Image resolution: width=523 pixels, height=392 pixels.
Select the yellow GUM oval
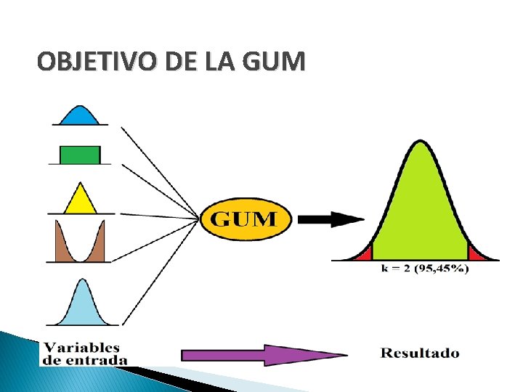[244, 218]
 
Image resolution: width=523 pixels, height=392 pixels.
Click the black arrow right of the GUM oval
[331, 218]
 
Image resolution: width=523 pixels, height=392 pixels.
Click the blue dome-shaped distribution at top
[78, 116]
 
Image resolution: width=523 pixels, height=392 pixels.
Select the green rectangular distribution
[79, 155]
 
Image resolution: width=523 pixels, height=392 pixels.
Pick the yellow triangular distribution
[80, 200]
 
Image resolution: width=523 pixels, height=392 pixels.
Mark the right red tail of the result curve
[477, 254]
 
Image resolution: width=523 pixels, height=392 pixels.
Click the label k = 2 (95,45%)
[425, 269]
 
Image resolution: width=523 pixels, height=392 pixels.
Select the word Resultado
[420, 354]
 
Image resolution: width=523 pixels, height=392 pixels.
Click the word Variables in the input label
[81, 348]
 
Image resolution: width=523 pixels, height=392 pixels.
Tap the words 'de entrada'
[85, 359]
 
